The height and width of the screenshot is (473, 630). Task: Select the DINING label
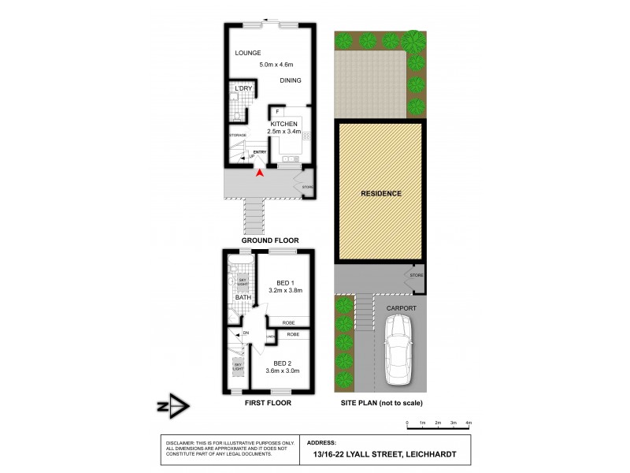pos(291,80)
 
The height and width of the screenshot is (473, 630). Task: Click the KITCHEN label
pos(284,124)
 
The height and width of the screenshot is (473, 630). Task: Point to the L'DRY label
pos(243,88)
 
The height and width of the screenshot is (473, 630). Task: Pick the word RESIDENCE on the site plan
pos(381,193)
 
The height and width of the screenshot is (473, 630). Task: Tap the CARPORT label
pos(401,308)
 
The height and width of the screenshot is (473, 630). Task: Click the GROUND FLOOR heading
pos(270,240)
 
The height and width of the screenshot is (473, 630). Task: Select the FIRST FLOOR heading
pos(268,403)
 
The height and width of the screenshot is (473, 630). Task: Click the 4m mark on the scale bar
pos(469,423)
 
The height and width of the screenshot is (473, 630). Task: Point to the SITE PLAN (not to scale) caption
pos(381,403)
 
